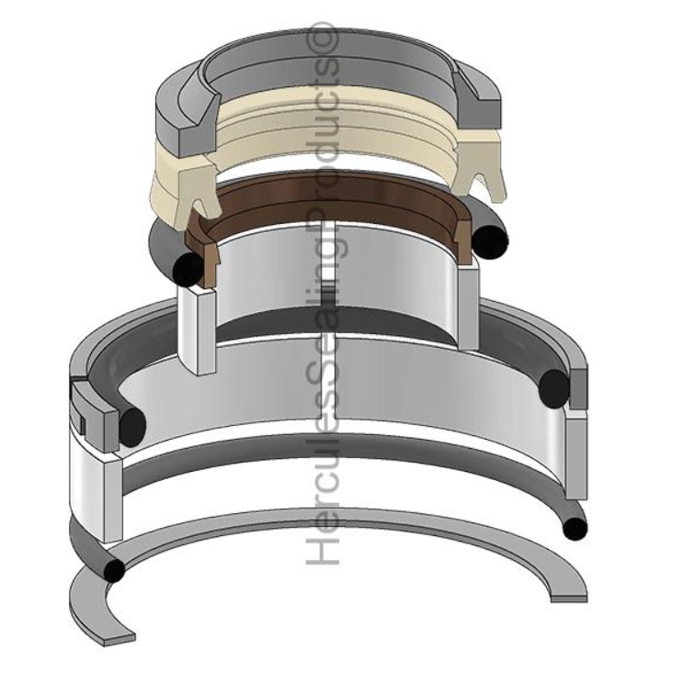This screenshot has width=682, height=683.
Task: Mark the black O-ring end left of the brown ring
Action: tap(188, 268)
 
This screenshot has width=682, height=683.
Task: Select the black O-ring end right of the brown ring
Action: tap(492, 241)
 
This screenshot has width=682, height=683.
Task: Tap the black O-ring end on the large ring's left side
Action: tap(132, 423)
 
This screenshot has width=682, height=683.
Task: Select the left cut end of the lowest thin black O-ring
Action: tap(113, 571)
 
